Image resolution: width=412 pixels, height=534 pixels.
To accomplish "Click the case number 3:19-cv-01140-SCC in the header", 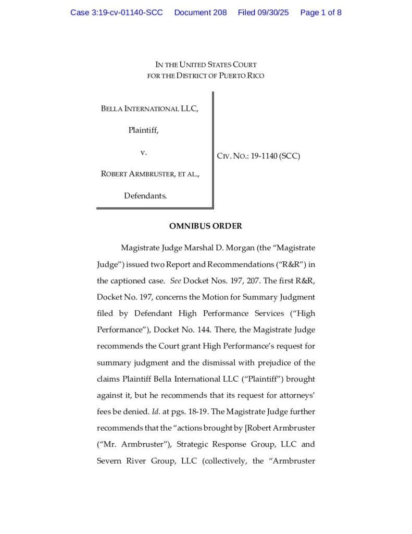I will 117,13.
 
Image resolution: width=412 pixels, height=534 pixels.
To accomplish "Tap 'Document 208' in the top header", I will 201,13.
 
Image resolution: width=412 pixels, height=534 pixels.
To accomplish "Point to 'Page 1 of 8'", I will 321,13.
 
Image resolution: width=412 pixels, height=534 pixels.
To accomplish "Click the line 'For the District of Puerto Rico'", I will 206,76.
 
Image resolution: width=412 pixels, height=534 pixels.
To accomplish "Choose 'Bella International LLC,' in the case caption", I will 149,109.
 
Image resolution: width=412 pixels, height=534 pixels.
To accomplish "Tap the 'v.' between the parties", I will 144,152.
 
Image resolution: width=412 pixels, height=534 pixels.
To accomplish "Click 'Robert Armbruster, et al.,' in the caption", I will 150,174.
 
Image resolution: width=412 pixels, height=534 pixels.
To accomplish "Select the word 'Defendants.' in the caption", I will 145,196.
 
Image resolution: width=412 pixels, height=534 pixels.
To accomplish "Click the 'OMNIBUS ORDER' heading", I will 206,226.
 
